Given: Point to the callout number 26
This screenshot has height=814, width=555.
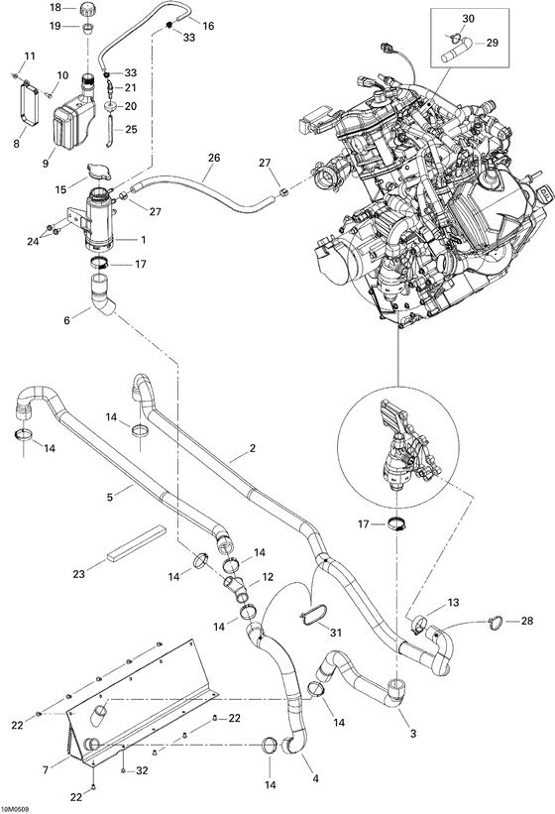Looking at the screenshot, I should tap(213, 158).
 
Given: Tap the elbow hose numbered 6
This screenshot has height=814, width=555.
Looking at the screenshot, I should tap(102, 296).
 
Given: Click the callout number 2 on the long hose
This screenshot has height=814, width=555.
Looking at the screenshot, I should tap(253, 449).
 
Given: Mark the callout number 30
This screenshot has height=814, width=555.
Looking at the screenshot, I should tap(469, 19).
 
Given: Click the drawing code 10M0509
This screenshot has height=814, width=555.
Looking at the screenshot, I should tap(15, 807).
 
